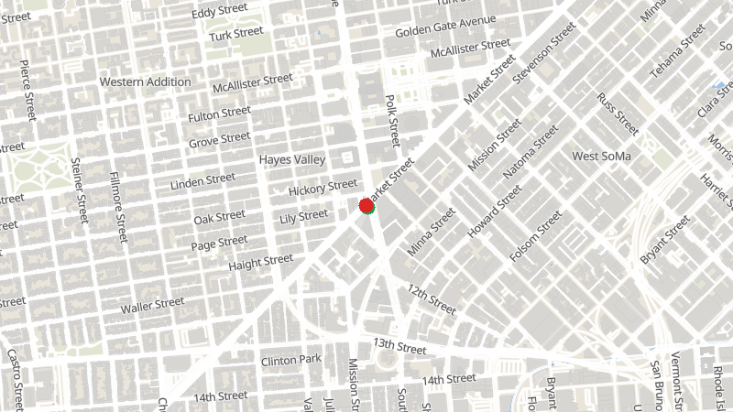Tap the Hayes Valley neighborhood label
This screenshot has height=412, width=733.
pyautogui.click(x=292, y=159)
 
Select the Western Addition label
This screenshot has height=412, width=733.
pyautogui.click(x=146, y=81)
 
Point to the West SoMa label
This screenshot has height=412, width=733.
pyautogui.click(x=602, y=157)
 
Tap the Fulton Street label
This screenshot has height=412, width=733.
pyautogui.click(x=219, y=114)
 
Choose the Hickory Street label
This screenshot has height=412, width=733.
pyautogui.click(x=322, y=189)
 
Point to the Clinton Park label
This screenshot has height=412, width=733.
pyautogui.click(x=290, y=360)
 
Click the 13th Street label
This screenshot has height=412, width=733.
pyautogui.click(x=399, y=346)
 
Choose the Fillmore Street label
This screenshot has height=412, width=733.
pyautogui.click(x=115, y=206)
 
